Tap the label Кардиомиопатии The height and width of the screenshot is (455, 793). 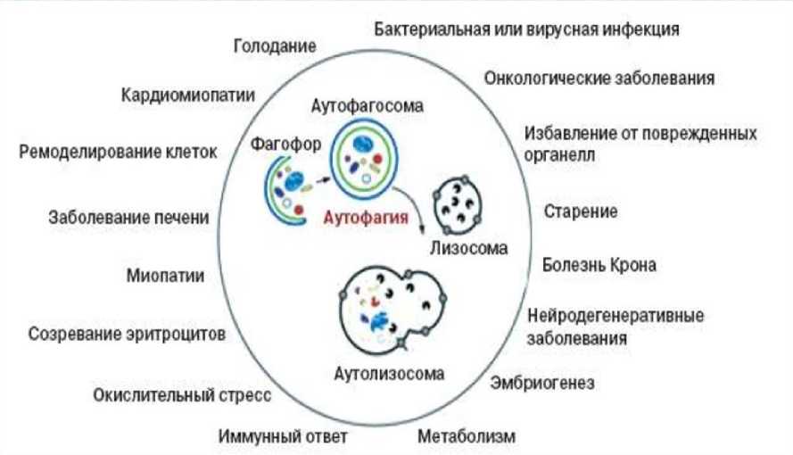pos(188,95)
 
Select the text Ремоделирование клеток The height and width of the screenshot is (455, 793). pos(118,151)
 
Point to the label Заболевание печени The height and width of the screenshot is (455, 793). pos(129,217)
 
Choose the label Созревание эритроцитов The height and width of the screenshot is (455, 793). pos(127,335)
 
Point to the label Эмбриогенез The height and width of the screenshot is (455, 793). pos(542,384)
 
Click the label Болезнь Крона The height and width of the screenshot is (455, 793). pos(599,265)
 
